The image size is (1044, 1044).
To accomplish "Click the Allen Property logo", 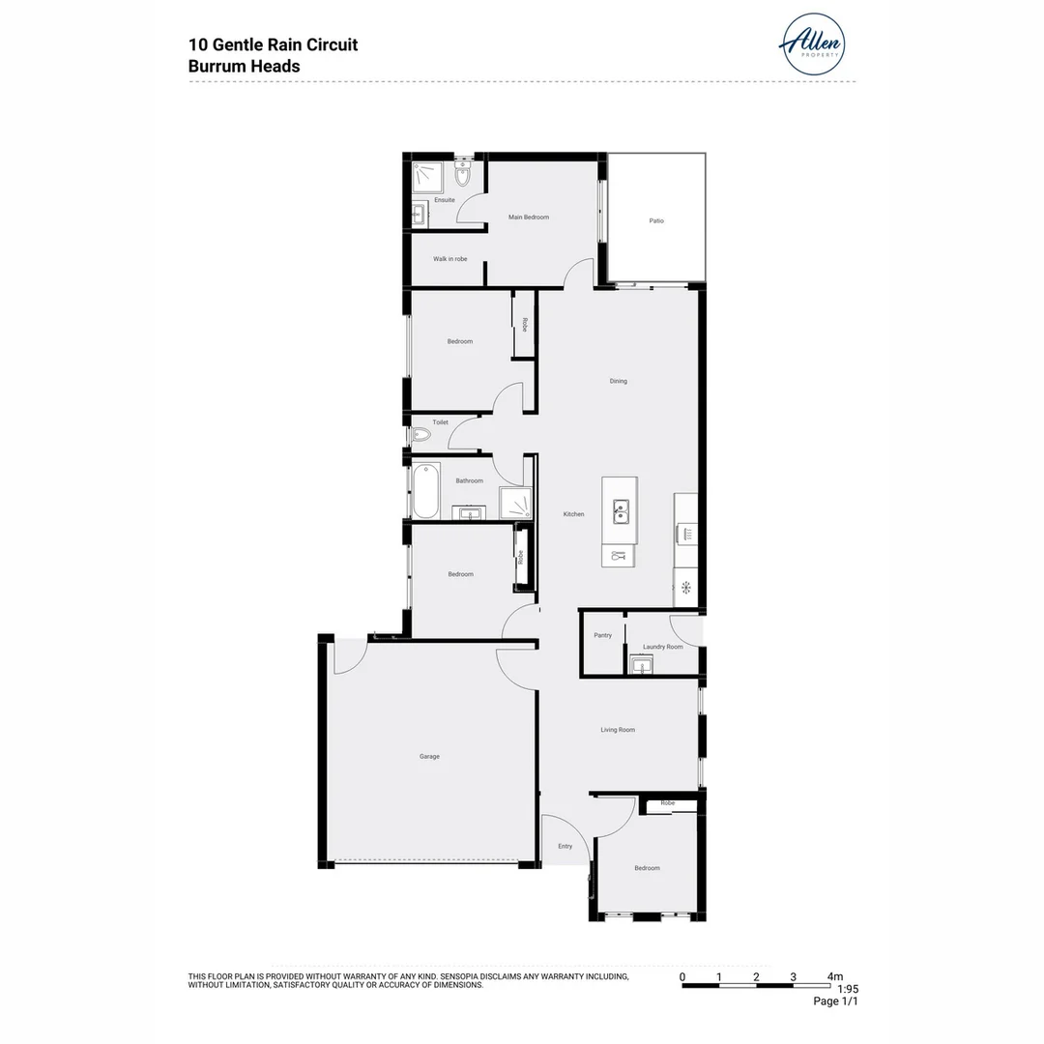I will [812, 44].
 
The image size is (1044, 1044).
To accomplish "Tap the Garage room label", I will [429, 757].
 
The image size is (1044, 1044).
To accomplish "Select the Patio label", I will [656, 221].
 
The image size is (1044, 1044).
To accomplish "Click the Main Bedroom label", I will [529, 217].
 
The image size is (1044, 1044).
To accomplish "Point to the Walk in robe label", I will [449, 259].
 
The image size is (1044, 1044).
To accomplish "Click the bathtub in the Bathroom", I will [426, 491].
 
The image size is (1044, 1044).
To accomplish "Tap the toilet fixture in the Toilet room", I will [420, 436].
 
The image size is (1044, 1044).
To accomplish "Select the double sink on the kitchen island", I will [619, 508].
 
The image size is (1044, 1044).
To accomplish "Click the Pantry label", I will [602, 636].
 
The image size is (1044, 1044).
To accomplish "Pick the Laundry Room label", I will [663, 647].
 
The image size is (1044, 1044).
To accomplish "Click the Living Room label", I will [618, 730].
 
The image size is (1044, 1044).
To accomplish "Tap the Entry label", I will [565, 847].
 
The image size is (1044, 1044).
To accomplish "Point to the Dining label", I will [618, 381].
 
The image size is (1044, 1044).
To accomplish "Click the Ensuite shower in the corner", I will [427, 177].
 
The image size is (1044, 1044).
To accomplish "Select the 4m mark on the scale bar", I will [834, 976].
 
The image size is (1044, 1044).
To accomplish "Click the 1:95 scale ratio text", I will [847, 989].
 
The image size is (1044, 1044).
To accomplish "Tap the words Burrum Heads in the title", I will [245, 67].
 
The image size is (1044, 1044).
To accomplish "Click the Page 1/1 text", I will [835, 1001].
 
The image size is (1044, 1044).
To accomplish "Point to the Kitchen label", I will [574, 514].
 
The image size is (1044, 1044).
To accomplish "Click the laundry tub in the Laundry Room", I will [641, 664].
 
